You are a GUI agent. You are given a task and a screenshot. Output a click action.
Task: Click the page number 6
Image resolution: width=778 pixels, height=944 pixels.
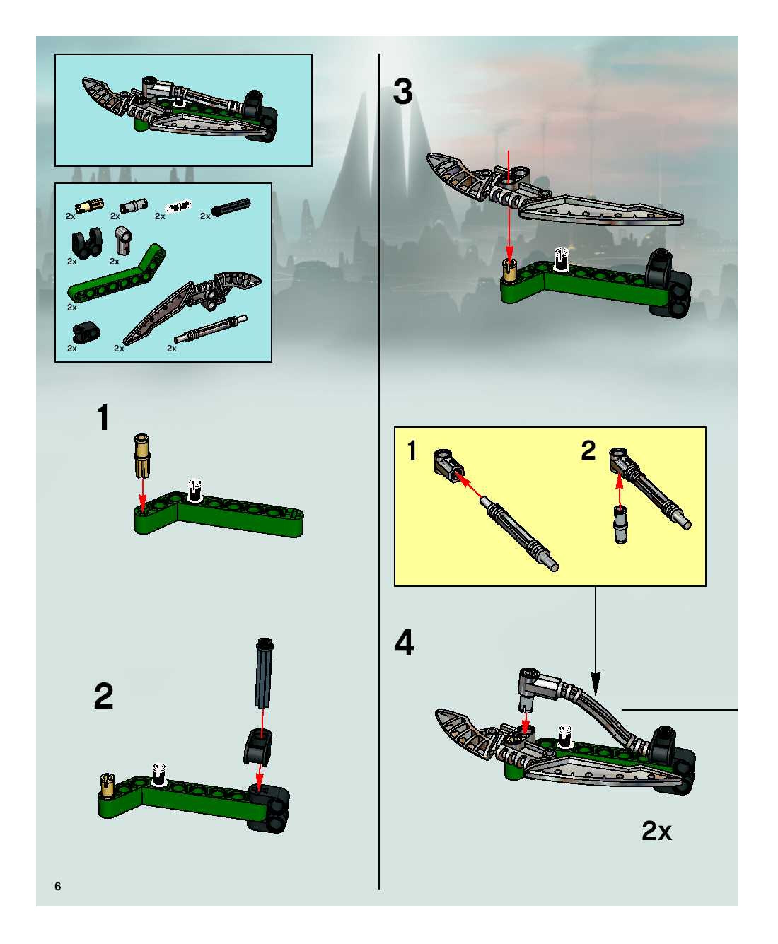coord(57,886)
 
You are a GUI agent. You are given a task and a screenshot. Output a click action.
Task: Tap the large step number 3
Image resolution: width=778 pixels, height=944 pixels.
coord(402,92)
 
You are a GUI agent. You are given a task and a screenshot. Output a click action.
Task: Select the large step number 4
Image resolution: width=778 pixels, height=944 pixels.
coord(404,642)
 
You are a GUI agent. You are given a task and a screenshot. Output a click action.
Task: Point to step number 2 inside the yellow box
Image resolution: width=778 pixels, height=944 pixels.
coord(588,450)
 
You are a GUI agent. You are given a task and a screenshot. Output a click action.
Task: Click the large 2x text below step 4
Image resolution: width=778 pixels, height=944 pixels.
coord(657,831)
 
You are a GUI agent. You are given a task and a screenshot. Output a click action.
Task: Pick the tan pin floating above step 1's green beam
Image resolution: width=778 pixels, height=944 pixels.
coord(141,456)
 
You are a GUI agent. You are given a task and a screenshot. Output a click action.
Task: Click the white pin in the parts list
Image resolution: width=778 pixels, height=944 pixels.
coord(178,206)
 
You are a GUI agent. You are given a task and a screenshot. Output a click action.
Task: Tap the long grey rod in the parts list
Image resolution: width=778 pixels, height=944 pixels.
coord(210,329)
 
